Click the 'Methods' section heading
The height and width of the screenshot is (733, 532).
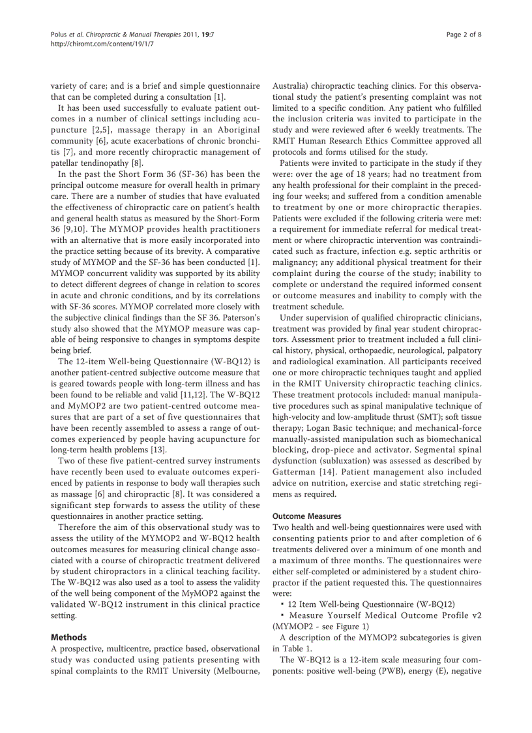click(68, 637)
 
